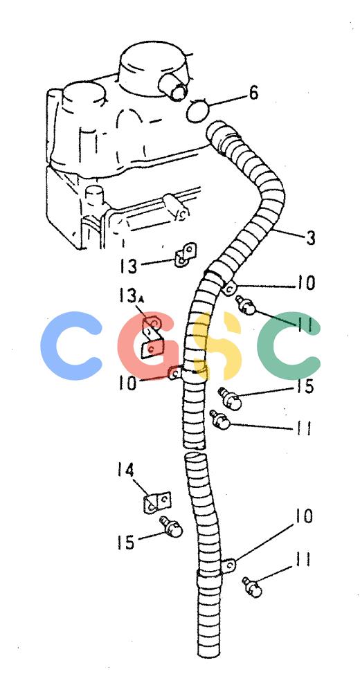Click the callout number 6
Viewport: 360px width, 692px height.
pos(253,93)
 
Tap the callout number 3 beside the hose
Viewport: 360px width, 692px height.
pos(311,238)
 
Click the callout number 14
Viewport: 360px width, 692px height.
pos(125,470)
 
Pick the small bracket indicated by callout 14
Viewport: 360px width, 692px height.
pos(157,502)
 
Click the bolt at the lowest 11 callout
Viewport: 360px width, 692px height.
pos(253,587)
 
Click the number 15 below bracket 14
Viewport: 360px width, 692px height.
pos(126,542)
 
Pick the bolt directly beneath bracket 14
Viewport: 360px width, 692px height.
pos(172,527)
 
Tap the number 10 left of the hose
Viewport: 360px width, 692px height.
pos(127,383)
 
